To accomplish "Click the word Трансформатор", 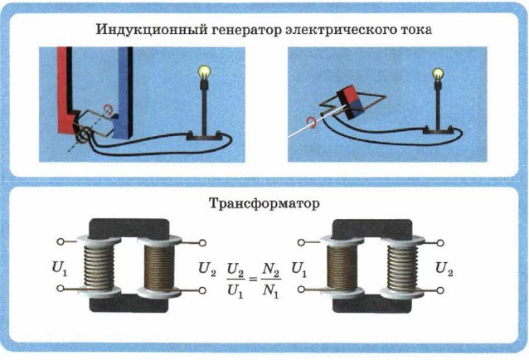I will point(264,202).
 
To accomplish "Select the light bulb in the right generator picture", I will point(436,75).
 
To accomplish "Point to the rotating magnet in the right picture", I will point(347,101).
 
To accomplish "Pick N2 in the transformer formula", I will point(268,259).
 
